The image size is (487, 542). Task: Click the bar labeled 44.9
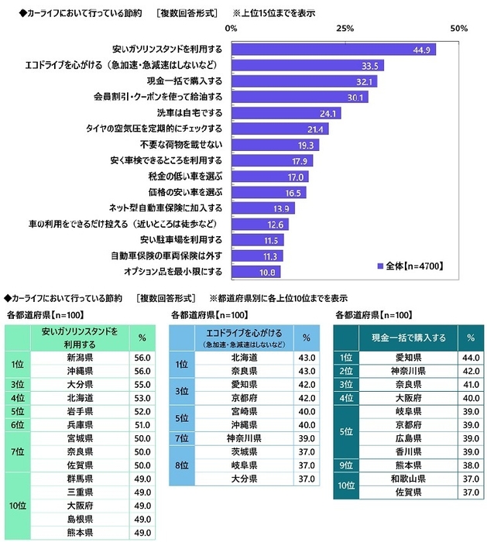(x=333, y=50)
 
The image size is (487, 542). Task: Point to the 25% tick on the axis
(x=345, y=29)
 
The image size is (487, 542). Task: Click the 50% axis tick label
(x=458, y=29)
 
